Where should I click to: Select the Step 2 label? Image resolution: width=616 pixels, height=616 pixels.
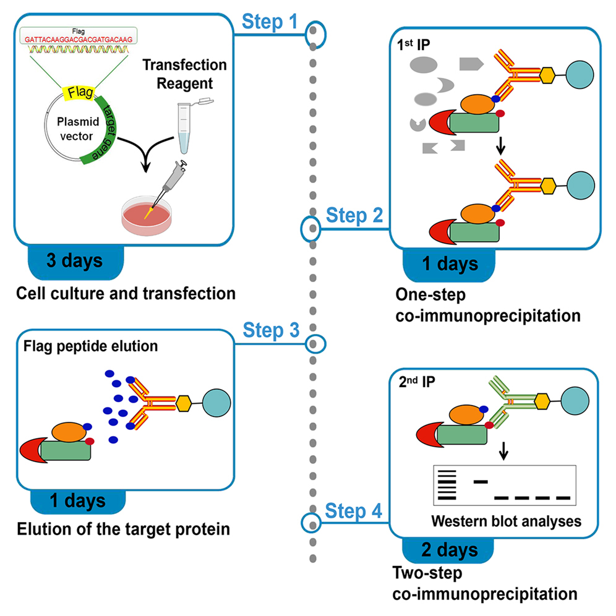coord(355,216)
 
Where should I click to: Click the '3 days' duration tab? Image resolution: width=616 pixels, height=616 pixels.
coord(74,260)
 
